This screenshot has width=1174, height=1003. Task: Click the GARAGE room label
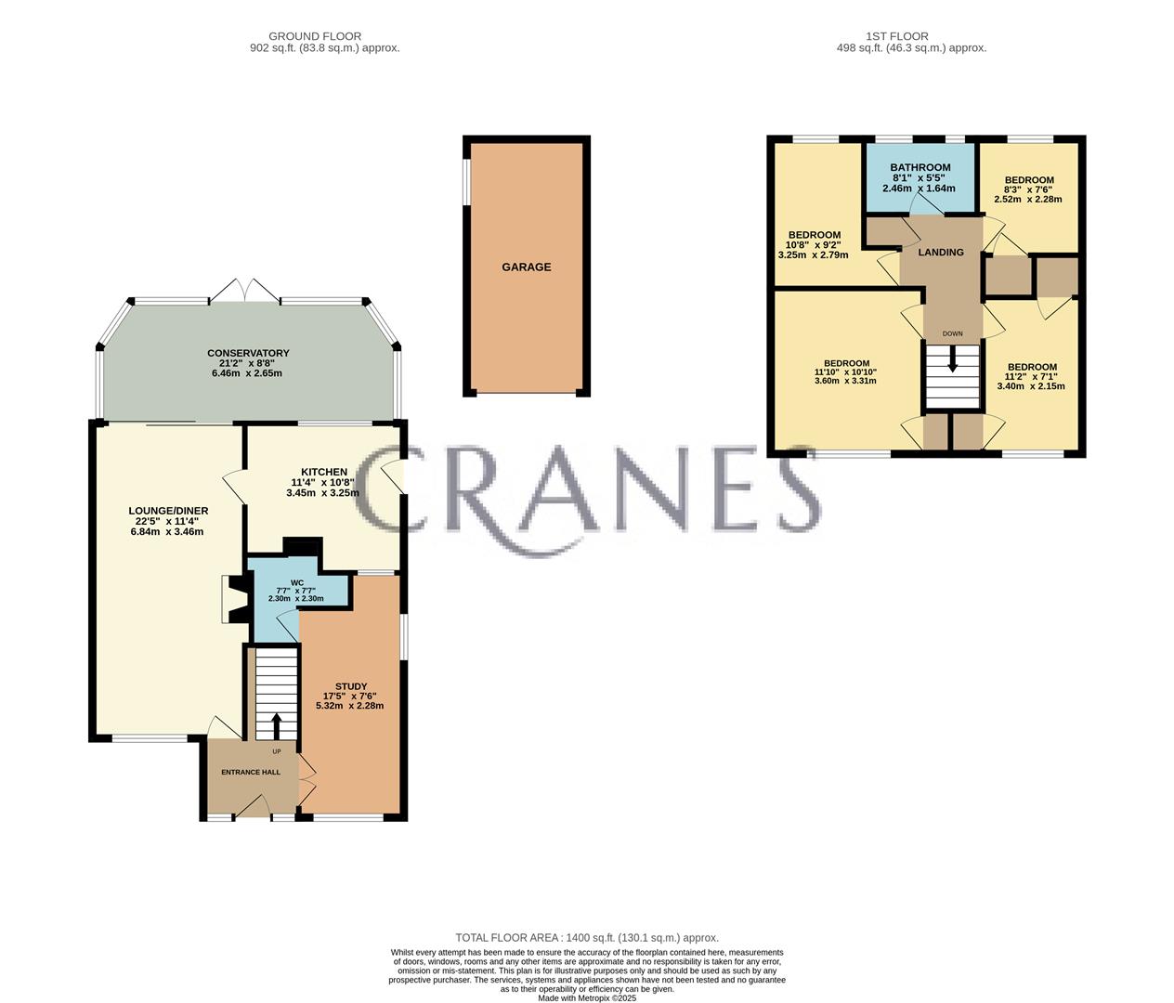(x=526, y=267)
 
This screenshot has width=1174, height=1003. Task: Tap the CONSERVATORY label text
(x=248, y=353)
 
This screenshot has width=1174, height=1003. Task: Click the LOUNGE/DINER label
(x=168, y=511)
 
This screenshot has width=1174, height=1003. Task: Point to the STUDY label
(x=350, y=686)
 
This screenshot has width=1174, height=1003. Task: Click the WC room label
(x=297, y=582)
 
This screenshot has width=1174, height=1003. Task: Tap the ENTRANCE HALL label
(x=251, y=772)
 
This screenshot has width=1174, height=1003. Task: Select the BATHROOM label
(x=920, y=167)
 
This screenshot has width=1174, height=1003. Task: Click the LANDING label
(x=941, y=253)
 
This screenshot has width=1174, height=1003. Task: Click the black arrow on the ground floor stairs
(x=277, y=725)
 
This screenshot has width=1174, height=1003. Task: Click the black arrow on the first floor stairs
(x=953, y=358)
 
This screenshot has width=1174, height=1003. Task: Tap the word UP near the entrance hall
(x=277, y=751)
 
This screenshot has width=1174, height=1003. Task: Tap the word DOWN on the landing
(x=953, y=333)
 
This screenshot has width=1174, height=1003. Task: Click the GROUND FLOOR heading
(x=315, y=36)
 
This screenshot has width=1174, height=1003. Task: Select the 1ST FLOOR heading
(x=897, y=36)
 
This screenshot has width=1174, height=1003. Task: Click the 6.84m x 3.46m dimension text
(x=167, y=531)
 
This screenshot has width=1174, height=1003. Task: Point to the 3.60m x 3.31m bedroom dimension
(x=846, y=381)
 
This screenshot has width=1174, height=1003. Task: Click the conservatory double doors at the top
(x=245, y=291)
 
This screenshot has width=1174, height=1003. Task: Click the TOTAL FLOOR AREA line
(x=587, y=938)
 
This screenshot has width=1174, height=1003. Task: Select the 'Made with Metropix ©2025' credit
(x=587, y=997)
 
